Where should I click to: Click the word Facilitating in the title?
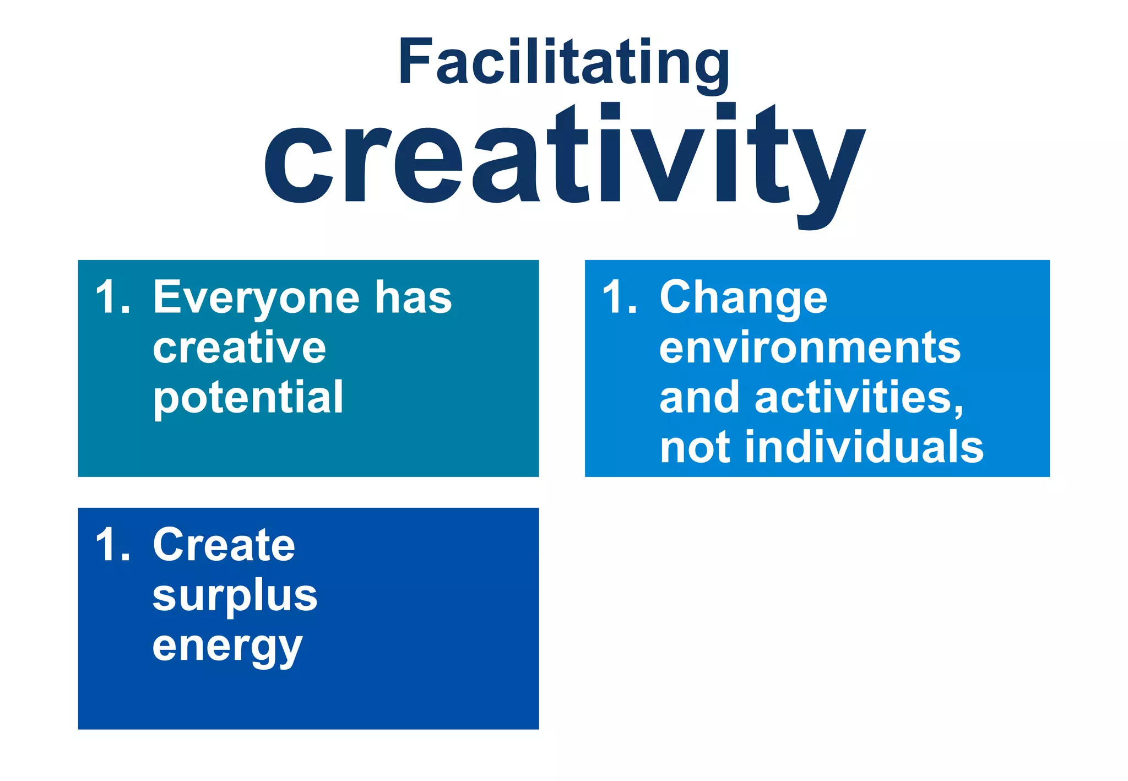click(564, 62)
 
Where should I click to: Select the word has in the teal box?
click(414, 297)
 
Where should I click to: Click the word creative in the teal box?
click(240, 348)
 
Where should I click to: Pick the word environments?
click(810, 348)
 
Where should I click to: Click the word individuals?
click(864, 447)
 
